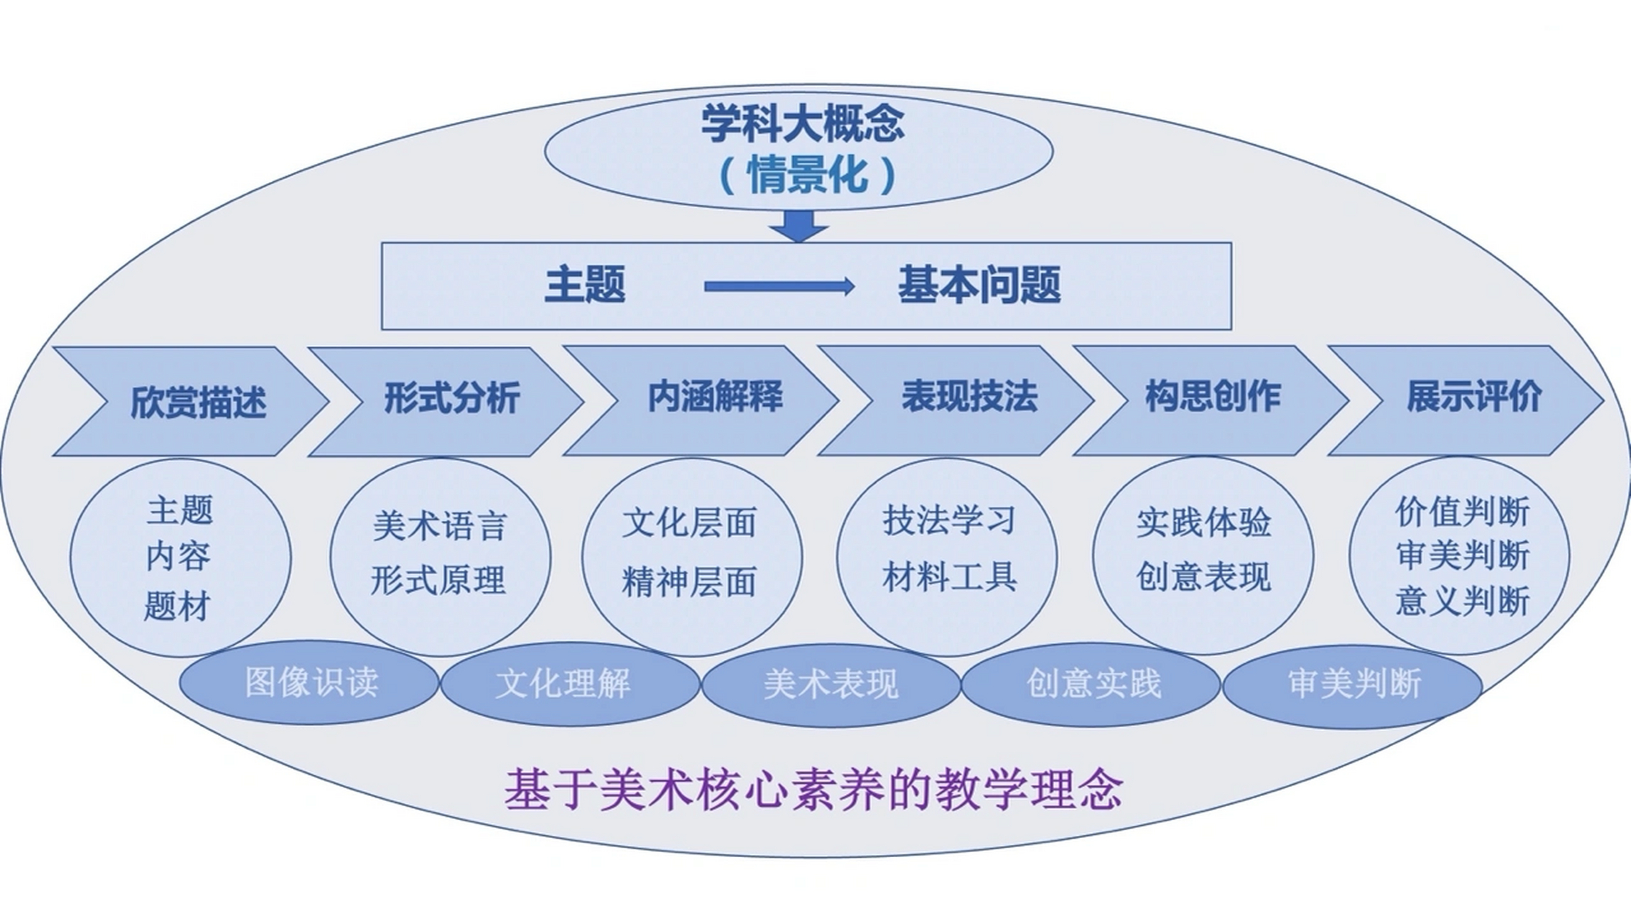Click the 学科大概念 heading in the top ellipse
click(803, 124)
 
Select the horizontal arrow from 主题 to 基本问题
click(779, 286)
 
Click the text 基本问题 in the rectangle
click(979, 285)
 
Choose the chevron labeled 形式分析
click(451, 398)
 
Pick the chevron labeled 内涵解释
click(714, 397)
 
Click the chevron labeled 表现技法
click(969, 397)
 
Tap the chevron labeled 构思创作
click(1212, 397)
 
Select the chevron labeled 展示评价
click(1473, 397)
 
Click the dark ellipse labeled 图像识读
click(310, 683)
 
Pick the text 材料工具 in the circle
click(949, 577)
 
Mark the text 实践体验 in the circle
click(1203, 523)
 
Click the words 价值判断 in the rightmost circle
click(1462, 511)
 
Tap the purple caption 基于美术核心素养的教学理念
click(813, 790)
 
